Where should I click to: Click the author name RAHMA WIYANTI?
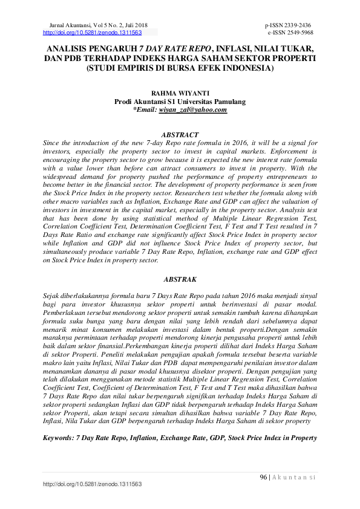(x=180, y=94)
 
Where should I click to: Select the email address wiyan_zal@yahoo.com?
(x=193, y=110)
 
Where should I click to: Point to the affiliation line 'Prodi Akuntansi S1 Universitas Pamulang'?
(x=180, y=102)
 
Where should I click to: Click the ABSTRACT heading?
(x=180, y=134)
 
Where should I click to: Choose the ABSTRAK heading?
(x=180, y=280)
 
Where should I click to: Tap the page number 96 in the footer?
(x=264, y=477)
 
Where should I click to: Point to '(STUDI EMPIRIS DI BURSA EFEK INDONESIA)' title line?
(x=180, y=68)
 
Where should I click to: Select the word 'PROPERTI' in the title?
(x=289, y=58)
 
